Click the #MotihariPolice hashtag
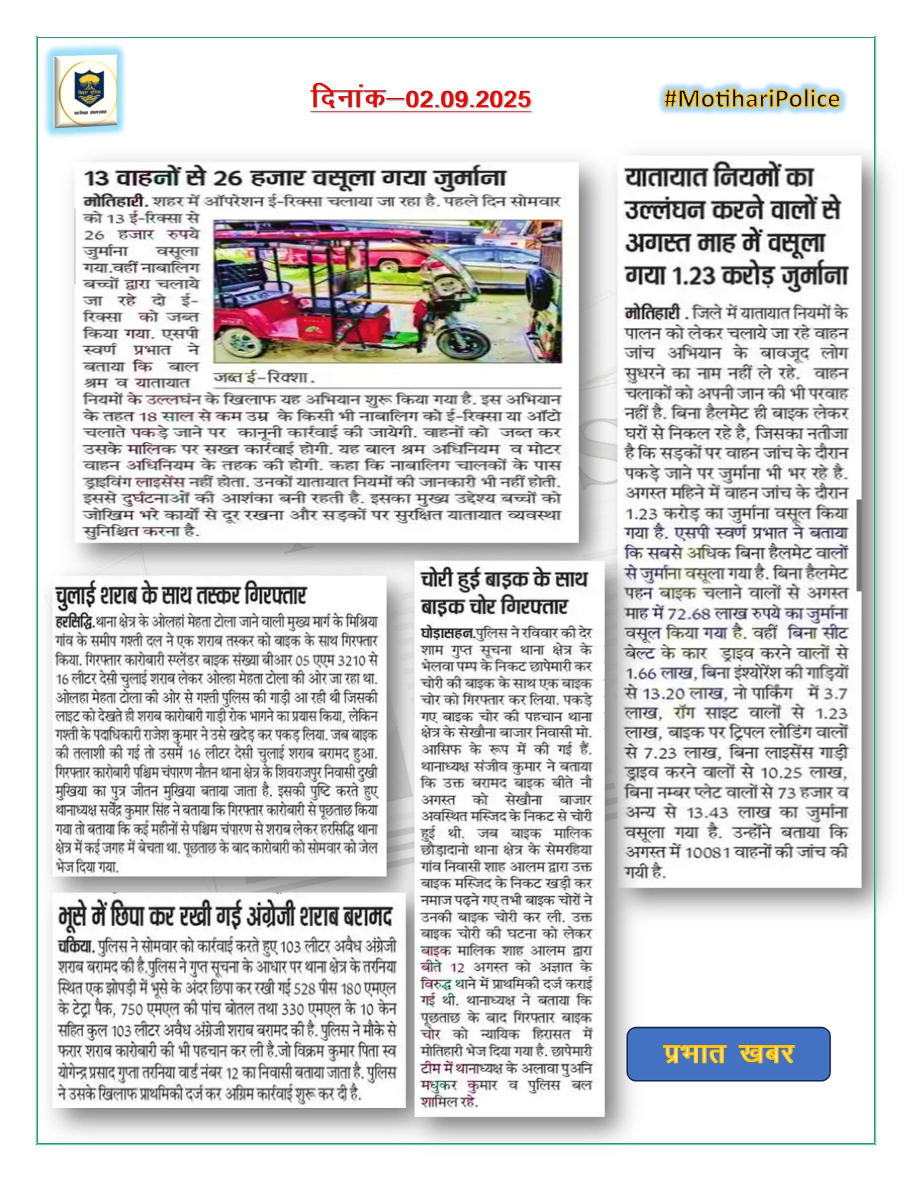[x=752, y=98]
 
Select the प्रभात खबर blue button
[x=728, y=1054]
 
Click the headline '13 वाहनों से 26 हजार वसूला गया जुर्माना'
[x=295, y=178]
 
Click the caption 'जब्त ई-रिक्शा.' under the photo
[x=264, y=377]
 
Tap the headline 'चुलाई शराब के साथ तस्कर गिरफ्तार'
[x=181, y=596]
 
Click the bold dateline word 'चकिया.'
[x=77, y=946]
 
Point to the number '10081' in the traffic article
[x=707, y=852]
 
